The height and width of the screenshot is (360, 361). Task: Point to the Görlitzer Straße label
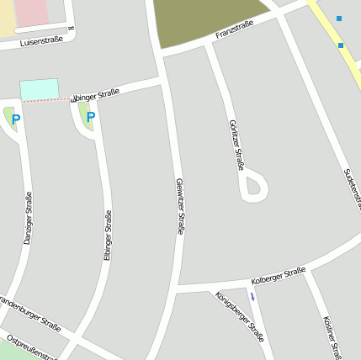pos(236,145)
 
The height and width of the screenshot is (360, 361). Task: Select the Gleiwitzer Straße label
pos(180,206)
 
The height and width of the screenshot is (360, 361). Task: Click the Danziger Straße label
pos(28,219)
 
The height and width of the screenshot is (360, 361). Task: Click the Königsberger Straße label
pos(240,316)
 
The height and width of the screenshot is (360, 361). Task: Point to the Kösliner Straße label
pos(331,336)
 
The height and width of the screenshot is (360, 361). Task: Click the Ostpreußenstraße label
pos(32,347)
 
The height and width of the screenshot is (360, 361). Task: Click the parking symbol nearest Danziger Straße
pos(16,119)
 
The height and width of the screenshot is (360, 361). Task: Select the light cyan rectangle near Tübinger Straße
pos(40,88)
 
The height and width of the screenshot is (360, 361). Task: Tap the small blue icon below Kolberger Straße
pos(252,297)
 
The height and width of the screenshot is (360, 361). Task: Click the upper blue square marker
pos(339,19)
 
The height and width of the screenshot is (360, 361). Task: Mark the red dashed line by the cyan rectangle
pos(46,100)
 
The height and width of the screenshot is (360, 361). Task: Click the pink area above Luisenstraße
pos(31,12)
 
